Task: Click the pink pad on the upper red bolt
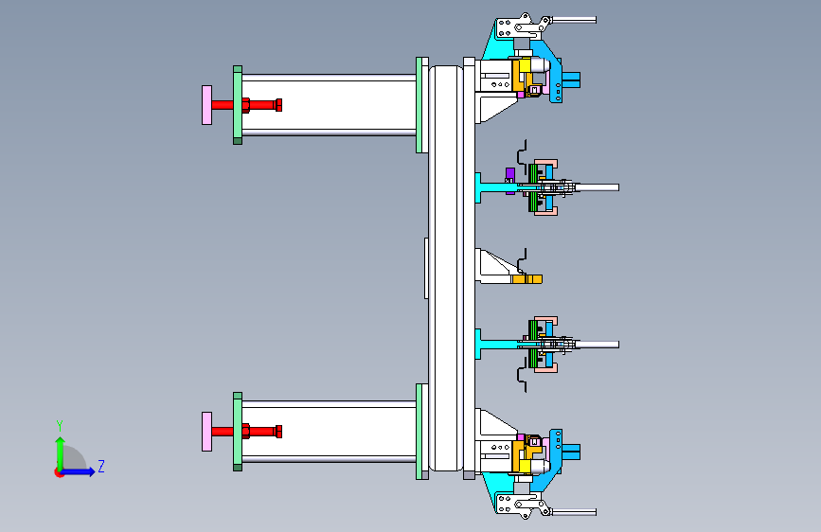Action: pyautogui.click(x=206, y=105)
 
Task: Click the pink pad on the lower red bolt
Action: pyautogui.click(x=206, y=432)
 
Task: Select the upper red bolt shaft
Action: pyautogui.click(x=246, y=105)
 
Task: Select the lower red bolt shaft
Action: pyautogui.click(x=246, y=432)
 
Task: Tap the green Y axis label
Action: pyautogui.click(x=60, y=426)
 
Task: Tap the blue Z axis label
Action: pyautogui.click(x=101, y=466)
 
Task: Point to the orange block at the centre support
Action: pyautogui.click(x=527, y=279)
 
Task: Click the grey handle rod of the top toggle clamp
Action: pyautogui.click(x=574, y=20)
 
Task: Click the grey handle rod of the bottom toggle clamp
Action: pyautogui.click(x=574, y=511)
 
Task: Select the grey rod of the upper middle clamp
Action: pyautogui.click(x=597, y=187)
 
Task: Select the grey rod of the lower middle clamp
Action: pyautogui.click(x=597, y=345)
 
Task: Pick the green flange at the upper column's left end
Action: pyautogui.click(x=238, y=105)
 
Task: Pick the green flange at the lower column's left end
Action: pyautogui.click(x=238, y=432)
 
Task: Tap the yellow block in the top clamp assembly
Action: pyautogui.click(x=525, y=65)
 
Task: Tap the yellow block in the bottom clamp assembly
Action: pyautogui.click(x=525, y=467)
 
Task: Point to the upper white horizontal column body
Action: pyautogui.click(x=329, y=105)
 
